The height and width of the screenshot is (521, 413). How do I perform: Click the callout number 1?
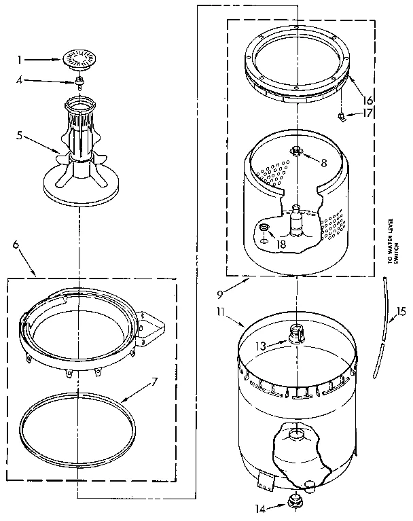20,60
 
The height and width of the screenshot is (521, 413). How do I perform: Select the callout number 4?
20,81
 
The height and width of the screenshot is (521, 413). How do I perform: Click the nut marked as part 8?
298,151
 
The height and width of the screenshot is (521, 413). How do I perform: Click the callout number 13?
262,345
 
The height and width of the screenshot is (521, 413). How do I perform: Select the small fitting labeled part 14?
295,503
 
